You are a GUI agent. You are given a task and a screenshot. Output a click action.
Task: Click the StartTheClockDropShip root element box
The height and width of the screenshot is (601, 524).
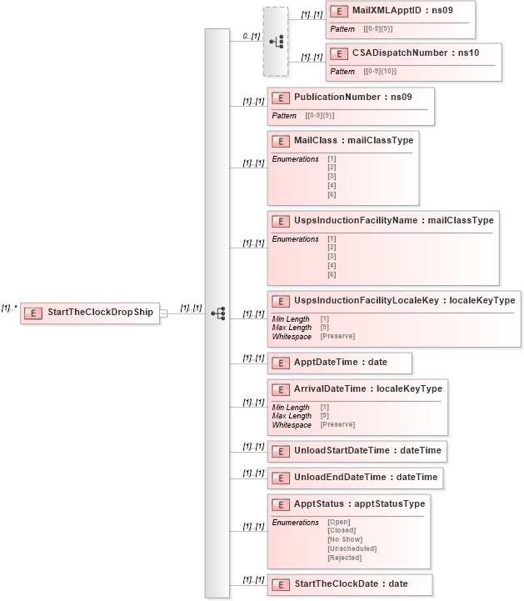pyautogui.click(x=90, y=313)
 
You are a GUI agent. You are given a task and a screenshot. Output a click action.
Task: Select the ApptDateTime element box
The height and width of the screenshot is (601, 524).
pyautogui.click(x=339, y=363)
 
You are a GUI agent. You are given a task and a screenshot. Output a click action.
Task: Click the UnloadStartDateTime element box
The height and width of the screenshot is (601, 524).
pyautogui.click(x=357, y=451)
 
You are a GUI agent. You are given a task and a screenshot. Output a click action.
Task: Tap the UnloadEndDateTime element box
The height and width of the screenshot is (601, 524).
pyautogui.click(x=354, y=478)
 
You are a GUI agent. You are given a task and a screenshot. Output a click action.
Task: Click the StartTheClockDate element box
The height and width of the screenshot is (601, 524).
pyautogui.click(x=350, y=583)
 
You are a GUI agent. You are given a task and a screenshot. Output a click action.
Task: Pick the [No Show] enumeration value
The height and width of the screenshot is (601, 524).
pyautogui.click(x=345, y=539)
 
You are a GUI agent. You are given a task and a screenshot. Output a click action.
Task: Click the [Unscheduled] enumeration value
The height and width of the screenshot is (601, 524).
pyautogui.click(x=352, y=548)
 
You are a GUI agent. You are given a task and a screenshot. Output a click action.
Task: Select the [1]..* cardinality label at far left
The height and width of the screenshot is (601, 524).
pyautogui.click(x=10, y=308)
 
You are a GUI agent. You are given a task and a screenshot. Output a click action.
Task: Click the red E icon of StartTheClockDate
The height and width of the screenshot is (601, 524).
pyautogui.click(x=282, y=583)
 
